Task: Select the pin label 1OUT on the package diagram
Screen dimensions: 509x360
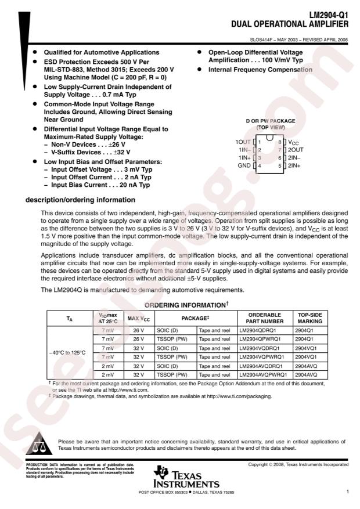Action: [x=243, y=142]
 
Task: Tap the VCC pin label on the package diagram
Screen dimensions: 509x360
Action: [x=294, y=142]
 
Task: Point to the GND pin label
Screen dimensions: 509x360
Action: [x=244, y=165]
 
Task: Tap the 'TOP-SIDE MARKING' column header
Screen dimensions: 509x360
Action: [x=309, y=317]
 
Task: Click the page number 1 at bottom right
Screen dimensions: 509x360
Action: [x=347, y=492]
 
